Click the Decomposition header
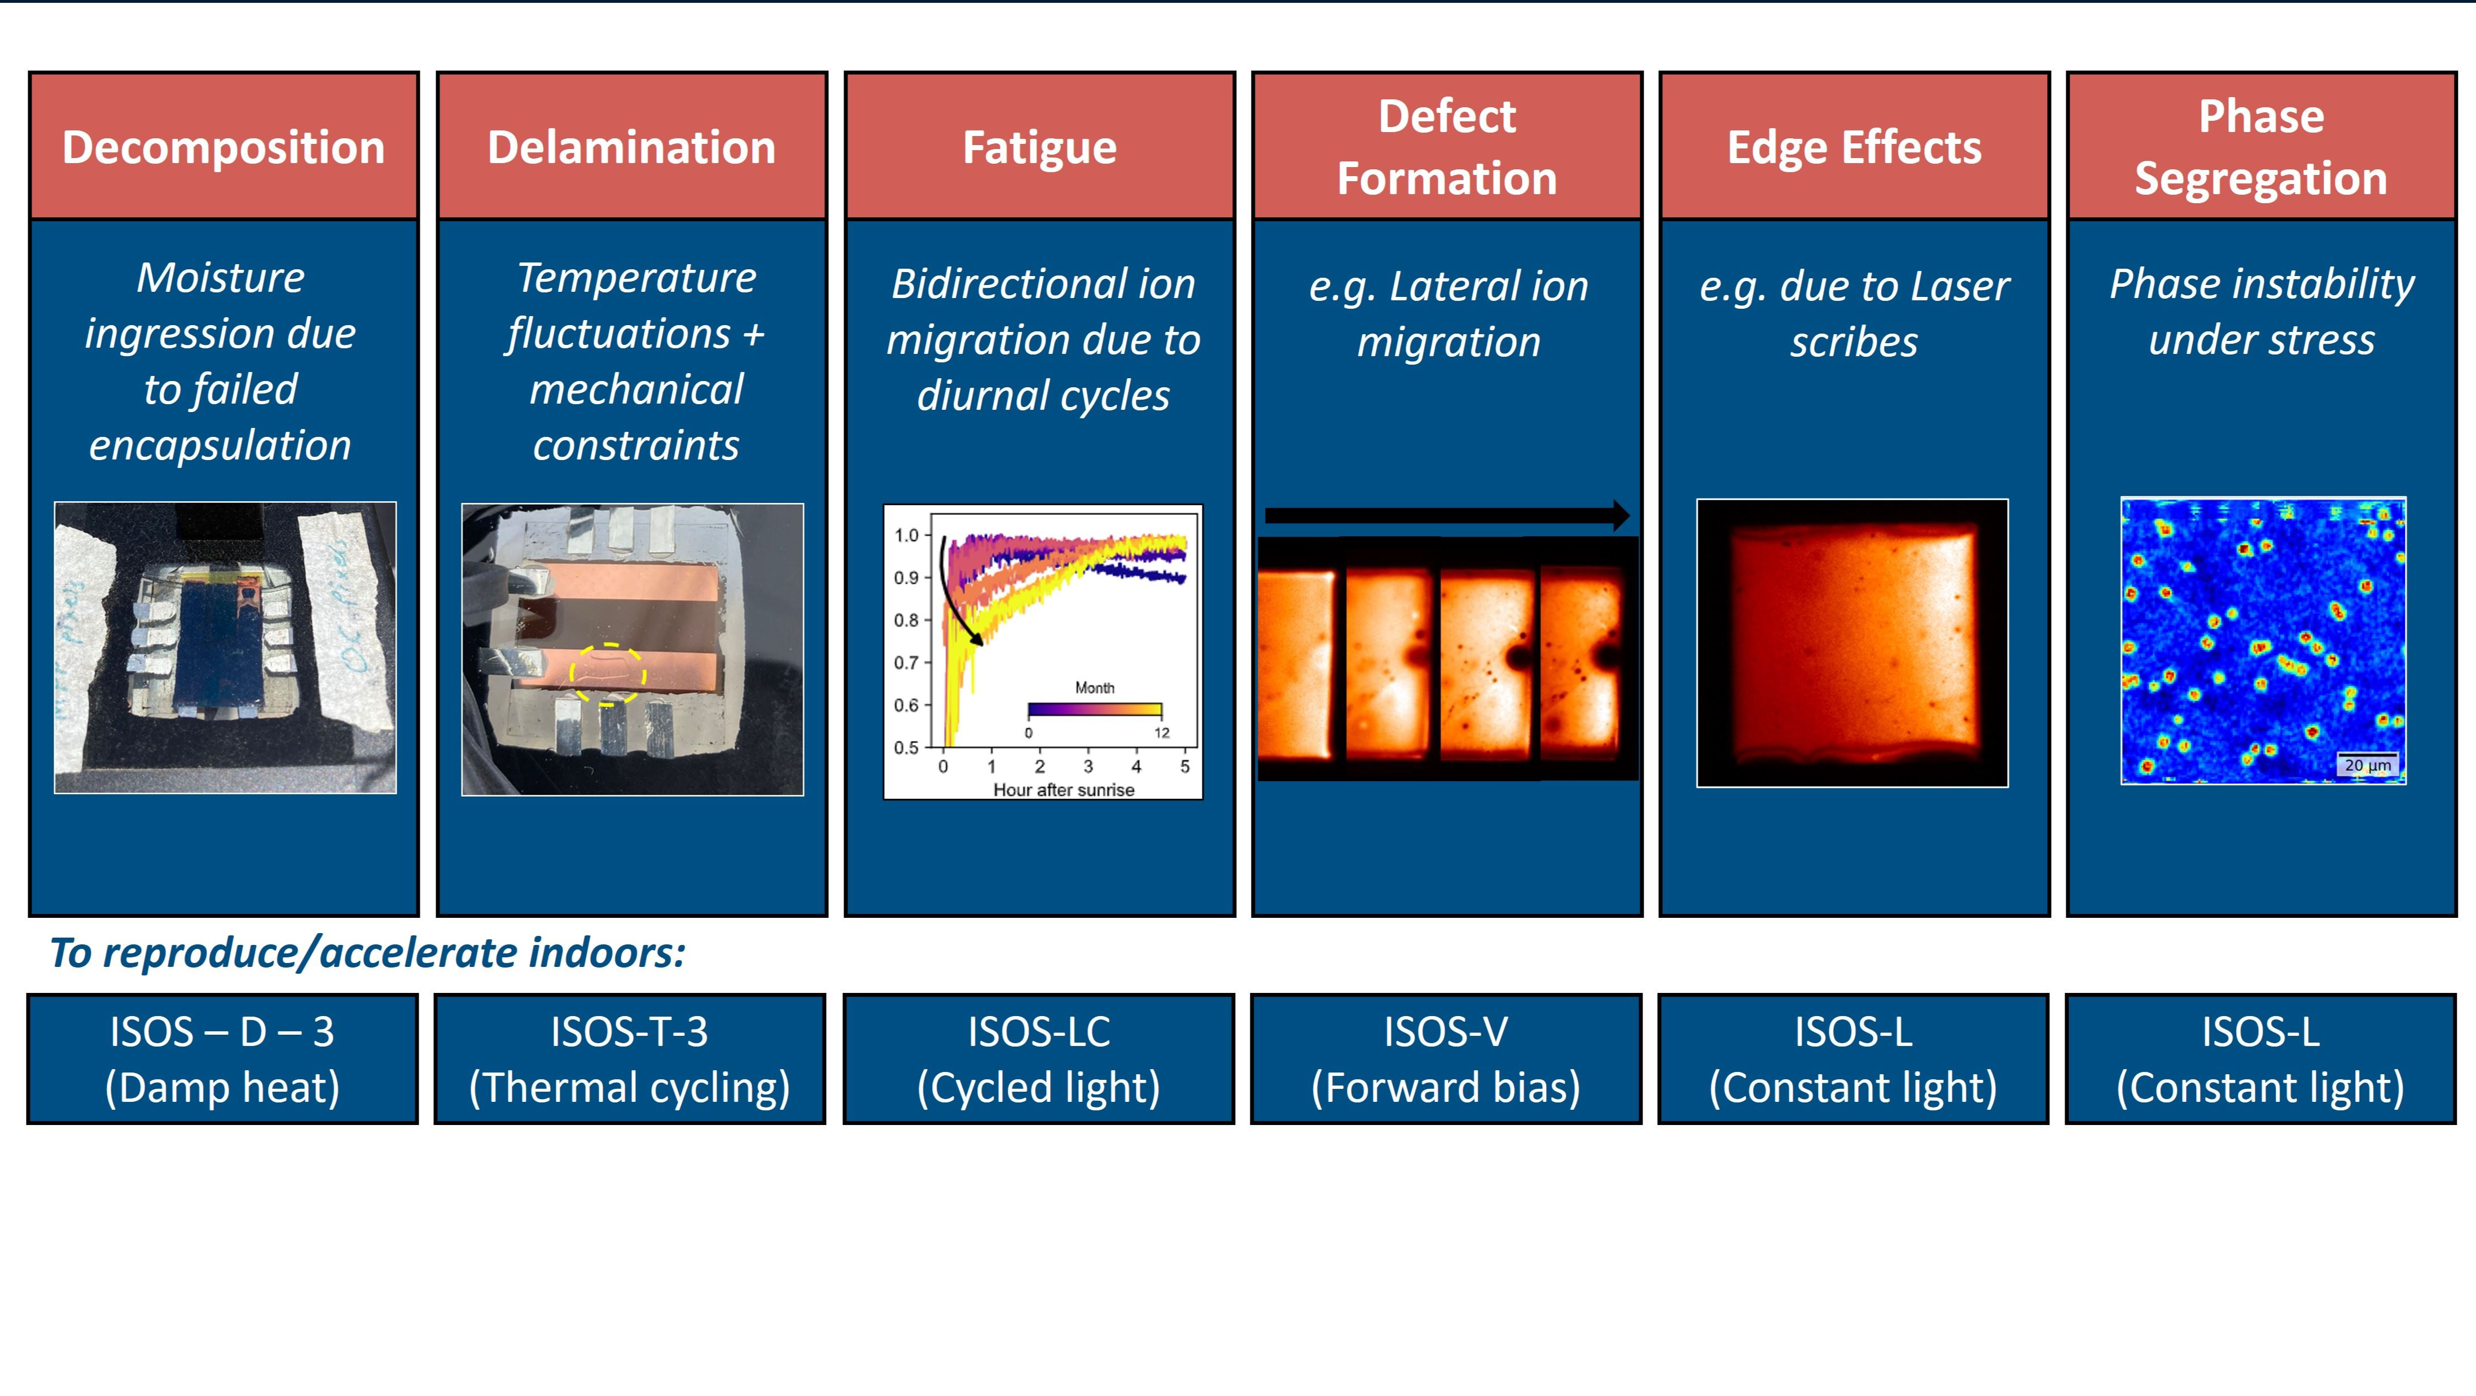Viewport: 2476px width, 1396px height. pyautogui.click(x=223, y=147)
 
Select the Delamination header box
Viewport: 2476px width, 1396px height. pyautogui.click(x=631, y=146)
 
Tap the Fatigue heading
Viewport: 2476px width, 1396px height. pyautogui.click(x=1040, y=148)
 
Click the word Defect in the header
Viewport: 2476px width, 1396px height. pyautogui.click(x=1447, y=116)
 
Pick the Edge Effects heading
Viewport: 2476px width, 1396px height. pyautogui.click(x=1854, y=147)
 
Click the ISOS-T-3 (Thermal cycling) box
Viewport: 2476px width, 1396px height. pyautogui.click(x=630, y=1058)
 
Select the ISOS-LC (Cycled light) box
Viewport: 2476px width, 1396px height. pyautogui.click(x=1038, y=1058)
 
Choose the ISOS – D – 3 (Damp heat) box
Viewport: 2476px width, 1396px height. pyautogui.click(x=222, y=1058)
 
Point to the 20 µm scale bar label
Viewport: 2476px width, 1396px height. pyautogui.click(x=2368, y=765)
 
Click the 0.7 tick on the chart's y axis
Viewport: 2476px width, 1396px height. pyautogui.click(x=906, y=662)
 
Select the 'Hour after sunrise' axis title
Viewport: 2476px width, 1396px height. pyautogui.click(x=1063, y=789)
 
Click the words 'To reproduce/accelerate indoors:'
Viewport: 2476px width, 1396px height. pyautogui.click(x=367, y=953)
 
